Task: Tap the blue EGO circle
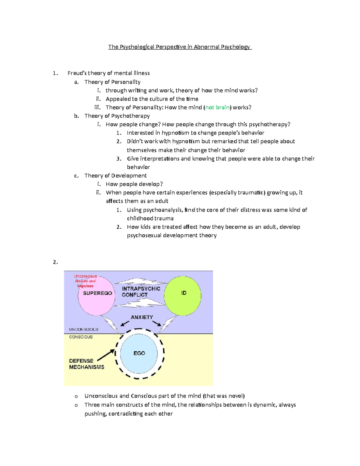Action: [x=139, y=353]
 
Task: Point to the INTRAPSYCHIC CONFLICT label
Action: [x=141, y=292]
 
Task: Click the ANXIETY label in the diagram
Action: [x=142, y=317]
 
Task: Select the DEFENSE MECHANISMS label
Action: [x=86, y=364]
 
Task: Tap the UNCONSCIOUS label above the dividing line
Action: [x=84, y=329]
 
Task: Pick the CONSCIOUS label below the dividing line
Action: [x=81, y=337]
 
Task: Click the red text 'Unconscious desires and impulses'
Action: [x=85, y=281]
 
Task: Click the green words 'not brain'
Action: [x=217, y=107]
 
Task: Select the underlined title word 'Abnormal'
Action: [x=206, y=47]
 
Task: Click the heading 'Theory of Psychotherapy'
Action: [x=117, y=116]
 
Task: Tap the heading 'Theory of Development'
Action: [x=115, y=176]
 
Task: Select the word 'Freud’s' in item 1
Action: [x=77, y=73]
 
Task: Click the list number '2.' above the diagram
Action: [x=55, y=262]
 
